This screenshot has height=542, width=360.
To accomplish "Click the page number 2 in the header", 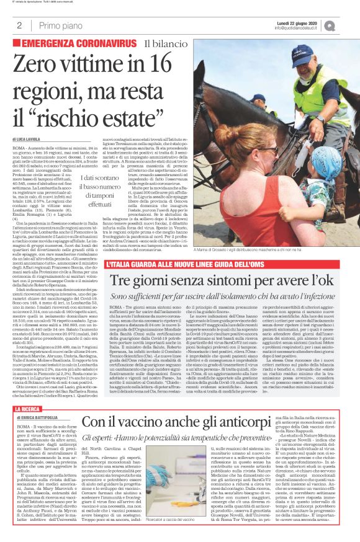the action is (x=19, y=25).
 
